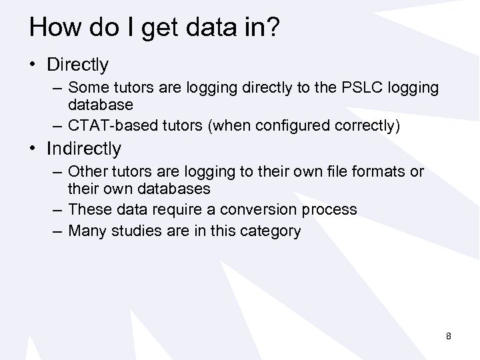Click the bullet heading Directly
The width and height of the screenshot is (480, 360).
click(77, 65)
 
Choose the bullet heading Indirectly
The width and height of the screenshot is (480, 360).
click(84, 148)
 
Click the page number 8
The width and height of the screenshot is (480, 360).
click(449, 336)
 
